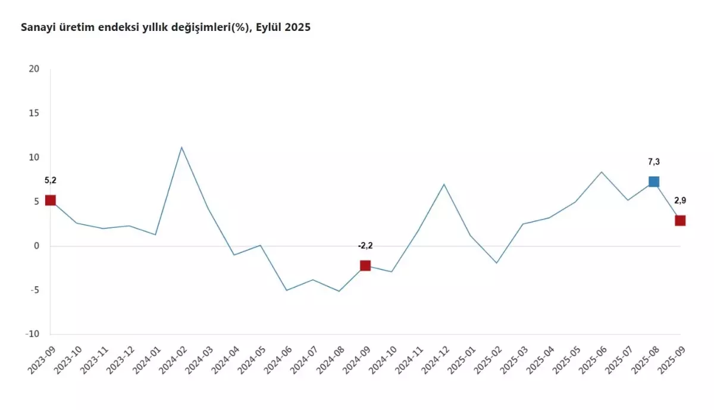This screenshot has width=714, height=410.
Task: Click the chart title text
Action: click(x=165, y=27)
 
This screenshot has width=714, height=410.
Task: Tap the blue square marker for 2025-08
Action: click(x=653, y=181)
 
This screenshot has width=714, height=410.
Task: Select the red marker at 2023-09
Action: click(x=50, y=201)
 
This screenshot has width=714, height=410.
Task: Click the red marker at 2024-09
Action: click(x=365, y=265)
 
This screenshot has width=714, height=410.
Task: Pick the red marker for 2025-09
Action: click(x=679, y=220)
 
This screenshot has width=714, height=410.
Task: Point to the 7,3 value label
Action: click(x=653, y=162)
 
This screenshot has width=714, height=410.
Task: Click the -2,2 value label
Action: click(x=365, y=245)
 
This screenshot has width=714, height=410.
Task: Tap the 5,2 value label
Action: click(x=50, y=180)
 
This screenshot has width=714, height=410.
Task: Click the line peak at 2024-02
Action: click(x=181, y=147)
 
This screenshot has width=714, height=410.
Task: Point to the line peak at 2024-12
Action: click(x=444, y=184)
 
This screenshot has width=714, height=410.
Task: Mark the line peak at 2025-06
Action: click(x=601, y=172)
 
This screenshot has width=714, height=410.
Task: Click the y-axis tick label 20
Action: click(x=34, y=69)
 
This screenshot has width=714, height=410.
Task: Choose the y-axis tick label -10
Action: click(x=33, y=334)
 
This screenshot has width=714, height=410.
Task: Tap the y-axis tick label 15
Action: click(x=34, y=113)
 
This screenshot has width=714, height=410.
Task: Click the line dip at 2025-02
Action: click(x=496, y=263)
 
